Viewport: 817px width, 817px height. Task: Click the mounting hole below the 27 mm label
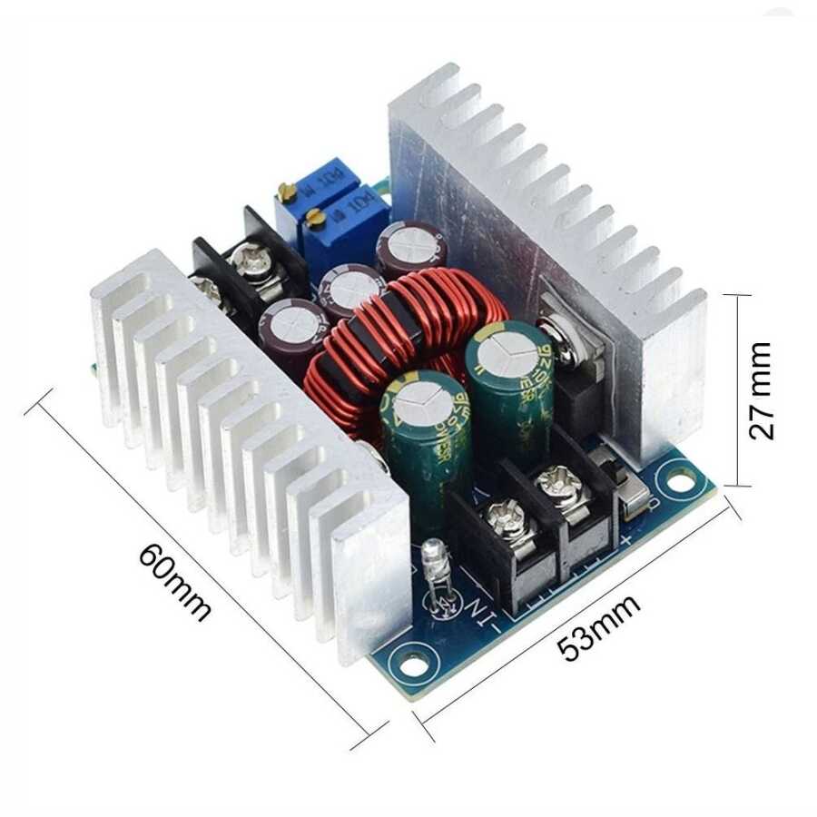click(x=673, y=471)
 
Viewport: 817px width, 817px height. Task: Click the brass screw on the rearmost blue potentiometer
click(x=289, y=191)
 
